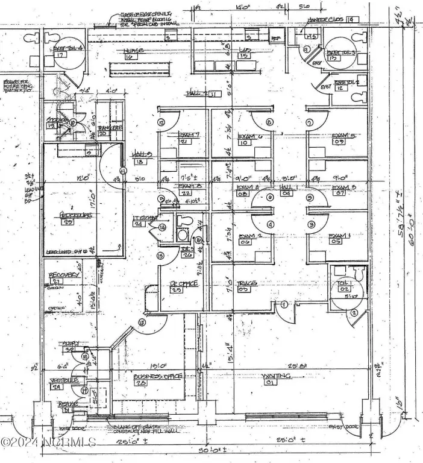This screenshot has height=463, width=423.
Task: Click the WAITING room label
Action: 277,376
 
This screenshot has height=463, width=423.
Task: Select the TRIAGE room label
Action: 244,283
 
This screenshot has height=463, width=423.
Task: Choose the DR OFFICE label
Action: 177,283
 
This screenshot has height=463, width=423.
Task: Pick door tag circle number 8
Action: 269,122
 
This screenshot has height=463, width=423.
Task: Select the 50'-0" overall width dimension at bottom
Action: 207,450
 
